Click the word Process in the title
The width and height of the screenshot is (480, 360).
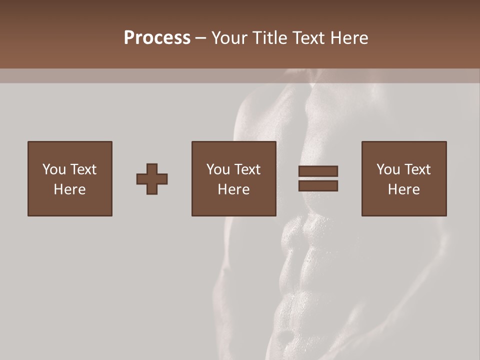[x=157, y=38]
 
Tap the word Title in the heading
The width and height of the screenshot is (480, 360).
[x=270, y=38]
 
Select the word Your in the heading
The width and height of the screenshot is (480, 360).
[x=230, y=38]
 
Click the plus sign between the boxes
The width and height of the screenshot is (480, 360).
[x=152, y=179]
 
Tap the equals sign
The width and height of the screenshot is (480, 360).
[x=318, y=178]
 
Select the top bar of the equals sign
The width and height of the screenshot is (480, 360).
[x=318, y=171]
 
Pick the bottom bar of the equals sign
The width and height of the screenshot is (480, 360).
[x=318, y=186]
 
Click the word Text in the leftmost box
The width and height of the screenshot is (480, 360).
[x=83, y=169]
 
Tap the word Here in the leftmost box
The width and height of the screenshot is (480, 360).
[x=70, y=189]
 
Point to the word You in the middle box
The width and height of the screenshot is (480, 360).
[x=218, y=169]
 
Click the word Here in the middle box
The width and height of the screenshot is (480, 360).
[x=234, y=189]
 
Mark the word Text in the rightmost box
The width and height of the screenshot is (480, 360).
[x=417, y=169]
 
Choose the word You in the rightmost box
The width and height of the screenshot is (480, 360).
[x=388, y=169]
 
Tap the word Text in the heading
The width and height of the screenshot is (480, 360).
[x=308, y=38]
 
